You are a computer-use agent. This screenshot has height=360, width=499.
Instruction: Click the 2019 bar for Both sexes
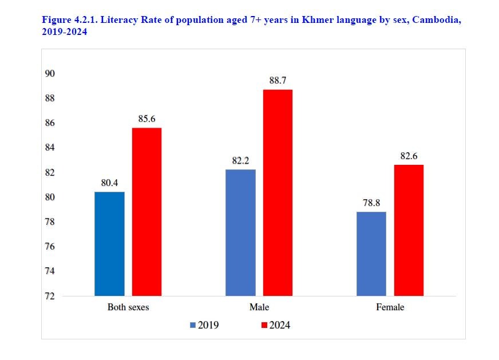click(109, 244)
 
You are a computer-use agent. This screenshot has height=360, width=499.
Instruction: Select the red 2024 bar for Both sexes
click(146, 212)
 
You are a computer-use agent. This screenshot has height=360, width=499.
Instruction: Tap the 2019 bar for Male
click(240, 232)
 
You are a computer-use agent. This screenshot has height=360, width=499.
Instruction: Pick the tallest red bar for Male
click(278, 193)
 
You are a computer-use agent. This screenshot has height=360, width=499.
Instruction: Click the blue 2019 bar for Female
click(371, 254)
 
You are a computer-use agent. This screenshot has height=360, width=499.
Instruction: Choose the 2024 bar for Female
click(409, 230)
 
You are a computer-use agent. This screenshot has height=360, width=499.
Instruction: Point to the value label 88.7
click(278, 81)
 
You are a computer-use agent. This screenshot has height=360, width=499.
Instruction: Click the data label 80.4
click(109, 183)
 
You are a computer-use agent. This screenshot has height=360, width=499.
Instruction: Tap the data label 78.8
click(371, 203)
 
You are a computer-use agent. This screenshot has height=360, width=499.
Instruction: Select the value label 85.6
click(146, 119)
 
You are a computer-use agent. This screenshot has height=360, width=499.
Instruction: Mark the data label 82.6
click(409, 156)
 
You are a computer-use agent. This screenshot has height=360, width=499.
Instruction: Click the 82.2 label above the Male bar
click(240, 161)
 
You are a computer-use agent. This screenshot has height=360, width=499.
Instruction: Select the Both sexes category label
click(128, 307)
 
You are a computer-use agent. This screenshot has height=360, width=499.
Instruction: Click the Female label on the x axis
click(390, 307)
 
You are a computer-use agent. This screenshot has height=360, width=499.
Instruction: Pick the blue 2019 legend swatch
click(193, 325)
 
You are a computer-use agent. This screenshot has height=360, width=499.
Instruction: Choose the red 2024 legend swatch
click(264, 325)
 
